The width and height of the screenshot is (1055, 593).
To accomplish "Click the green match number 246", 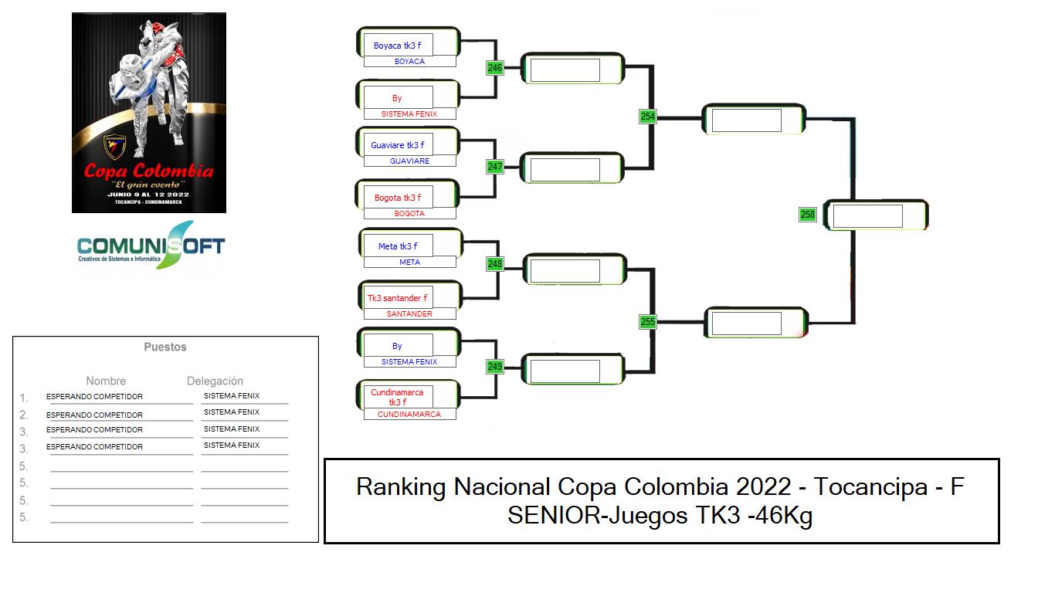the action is tap(494, 68).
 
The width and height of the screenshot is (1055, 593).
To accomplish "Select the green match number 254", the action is tap(648, 117).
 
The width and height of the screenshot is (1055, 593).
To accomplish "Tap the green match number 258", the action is tap(807, 215).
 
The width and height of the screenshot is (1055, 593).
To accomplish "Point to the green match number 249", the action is tap(494, 367).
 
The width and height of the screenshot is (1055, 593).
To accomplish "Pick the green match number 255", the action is tap(648, 322).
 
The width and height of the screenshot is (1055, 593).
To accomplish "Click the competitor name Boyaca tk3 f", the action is tap(397, 46).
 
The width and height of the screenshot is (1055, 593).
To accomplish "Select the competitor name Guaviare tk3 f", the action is tap(397, 145).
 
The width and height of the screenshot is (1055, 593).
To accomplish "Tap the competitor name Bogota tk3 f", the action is tap(398, 198).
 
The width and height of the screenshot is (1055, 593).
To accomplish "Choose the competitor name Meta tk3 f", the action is tap(398, 246).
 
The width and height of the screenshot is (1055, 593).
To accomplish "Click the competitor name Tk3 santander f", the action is tap(397, 298).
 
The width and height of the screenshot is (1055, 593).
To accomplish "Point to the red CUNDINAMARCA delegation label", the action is tap(409, 415).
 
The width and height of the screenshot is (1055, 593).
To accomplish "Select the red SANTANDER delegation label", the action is tap(409, 314).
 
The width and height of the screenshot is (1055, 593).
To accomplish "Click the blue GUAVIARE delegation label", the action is tap(409, 161).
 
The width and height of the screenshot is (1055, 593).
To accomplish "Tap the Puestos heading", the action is tap(165, 347).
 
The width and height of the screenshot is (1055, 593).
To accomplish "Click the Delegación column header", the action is tap(215, 381).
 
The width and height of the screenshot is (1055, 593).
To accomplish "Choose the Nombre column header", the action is tap(106, 381).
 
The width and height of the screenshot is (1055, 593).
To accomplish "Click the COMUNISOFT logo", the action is tap(151, 245).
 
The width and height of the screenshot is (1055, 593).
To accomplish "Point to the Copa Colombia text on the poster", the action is tap(148, 171).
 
